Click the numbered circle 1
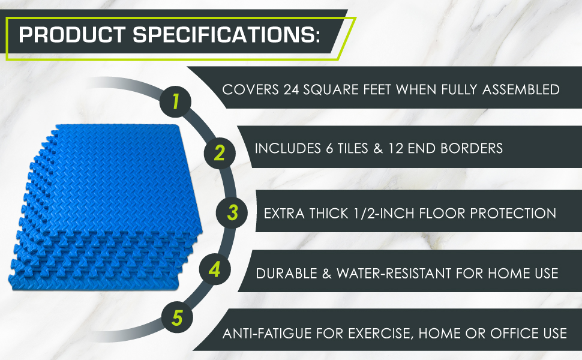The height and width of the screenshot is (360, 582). pos(176,101)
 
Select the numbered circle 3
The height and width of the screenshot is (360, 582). pos(233,212)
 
